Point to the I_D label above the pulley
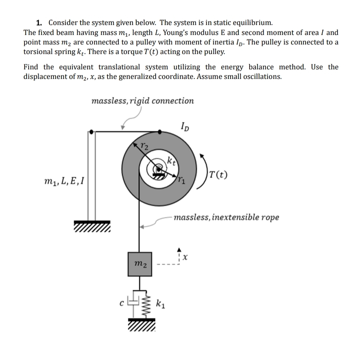[186, 126]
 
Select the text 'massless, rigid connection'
[142, 101]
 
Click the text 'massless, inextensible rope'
[226, 217]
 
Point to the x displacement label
[186, 258]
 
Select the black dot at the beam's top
[91, 132]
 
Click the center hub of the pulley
[158, 169]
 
